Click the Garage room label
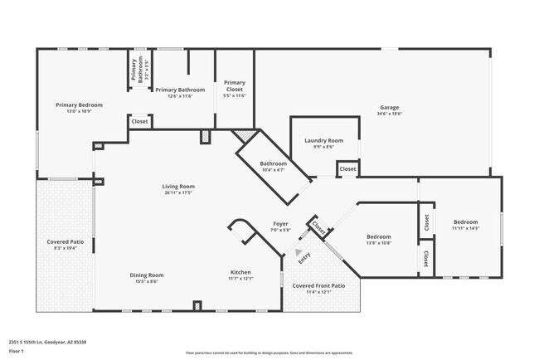pyautogui.click(x=390, y=107)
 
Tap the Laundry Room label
pyautogui.click(x=323, y=140)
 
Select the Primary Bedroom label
pyautogui.click(x=79, y=105)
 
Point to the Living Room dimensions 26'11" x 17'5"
pyautogui.click(x=178, y=193)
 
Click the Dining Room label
pyautogui.click(x=146, y=275)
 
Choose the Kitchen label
pyautogui.click(x=240, y=272)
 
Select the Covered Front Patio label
pyautogui.click(x=319, y=285)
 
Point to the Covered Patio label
pyautogui.click(x=65, y=241)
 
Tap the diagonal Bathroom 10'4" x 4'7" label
pyautogui.click(x=274, y=163)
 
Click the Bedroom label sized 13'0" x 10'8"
pyautogui.click(x=379, y=237)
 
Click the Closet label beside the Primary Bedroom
pyautogui.click(x=139, y=121)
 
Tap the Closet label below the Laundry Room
pyautogui.click(x=347, y=169)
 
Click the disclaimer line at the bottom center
pyautogui.click(x=269, y=353)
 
